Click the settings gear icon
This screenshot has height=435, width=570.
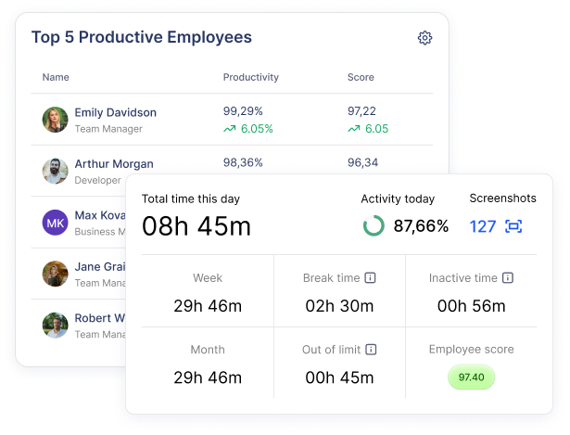(424, 38)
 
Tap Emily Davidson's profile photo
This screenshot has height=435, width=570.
(56, 120)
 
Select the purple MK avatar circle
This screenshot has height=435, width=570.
(56, 223)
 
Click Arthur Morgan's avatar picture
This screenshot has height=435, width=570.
(56, 172)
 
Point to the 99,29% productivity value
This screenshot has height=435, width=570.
(243, 110)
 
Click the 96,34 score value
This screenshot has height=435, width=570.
(362, 162)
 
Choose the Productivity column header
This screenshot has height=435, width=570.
(250, 77)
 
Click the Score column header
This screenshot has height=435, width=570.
(361, 77)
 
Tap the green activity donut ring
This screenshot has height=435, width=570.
(374, 225)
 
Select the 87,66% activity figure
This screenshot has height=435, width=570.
(421, 225)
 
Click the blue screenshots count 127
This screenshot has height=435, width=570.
(483, 225)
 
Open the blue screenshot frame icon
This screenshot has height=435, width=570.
(513, 225)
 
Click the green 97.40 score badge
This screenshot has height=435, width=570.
(472, 377)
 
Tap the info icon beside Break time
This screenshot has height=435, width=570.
(371, 277)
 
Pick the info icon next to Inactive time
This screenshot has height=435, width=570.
(508, 277)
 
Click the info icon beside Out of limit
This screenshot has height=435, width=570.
(371, 350)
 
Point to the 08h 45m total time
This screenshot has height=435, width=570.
(196, 225)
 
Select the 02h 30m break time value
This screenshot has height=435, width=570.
(339, 306)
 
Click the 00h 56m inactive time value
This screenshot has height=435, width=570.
(471, 306)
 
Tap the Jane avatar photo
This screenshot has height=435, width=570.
(56, 274)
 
